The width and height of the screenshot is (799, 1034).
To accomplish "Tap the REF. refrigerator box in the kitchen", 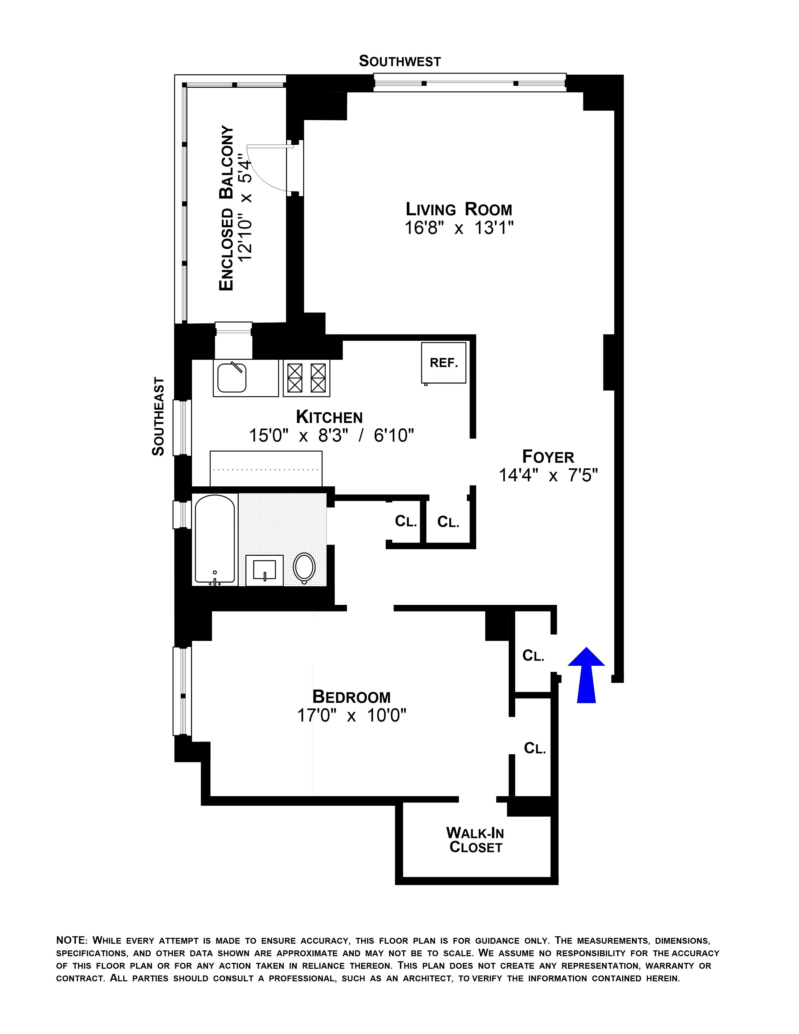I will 443,363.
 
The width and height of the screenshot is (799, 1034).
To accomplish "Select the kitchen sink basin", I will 232,378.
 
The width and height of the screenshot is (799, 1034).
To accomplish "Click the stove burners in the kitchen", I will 306,378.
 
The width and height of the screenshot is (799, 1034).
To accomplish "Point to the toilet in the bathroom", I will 304,567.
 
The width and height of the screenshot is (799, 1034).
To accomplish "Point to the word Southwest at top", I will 399,62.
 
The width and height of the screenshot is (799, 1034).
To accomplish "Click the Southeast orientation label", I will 158,417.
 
